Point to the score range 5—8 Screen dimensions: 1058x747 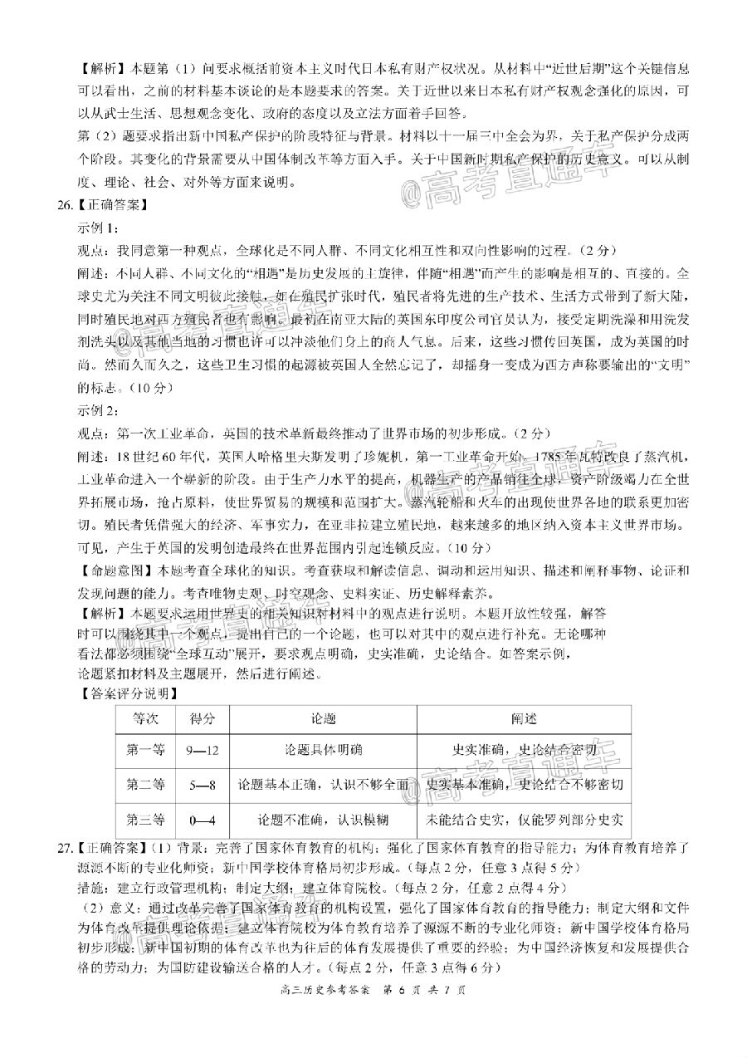[203, 785]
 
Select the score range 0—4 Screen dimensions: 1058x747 [203, 820]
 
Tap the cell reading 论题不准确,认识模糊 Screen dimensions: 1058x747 [323, 820]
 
